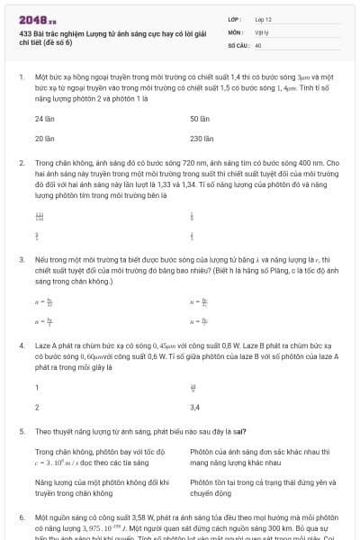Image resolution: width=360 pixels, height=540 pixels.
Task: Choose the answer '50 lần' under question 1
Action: click(x=200, y=119)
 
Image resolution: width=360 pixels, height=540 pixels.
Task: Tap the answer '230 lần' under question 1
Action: click(x=202, y=139)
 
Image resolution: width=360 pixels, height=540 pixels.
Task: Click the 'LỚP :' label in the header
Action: click(x=236, y=18)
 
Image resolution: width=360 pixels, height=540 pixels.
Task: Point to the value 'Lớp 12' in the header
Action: click(x=263, y=18)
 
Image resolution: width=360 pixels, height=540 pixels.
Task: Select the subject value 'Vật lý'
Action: click(x=263, y=31)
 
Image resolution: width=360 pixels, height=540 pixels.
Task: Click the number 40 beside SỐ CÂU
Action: click(x=259, y=44)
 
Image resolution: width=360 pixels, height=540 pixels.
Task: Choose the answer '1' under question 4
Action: click(x=37, y=388)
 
